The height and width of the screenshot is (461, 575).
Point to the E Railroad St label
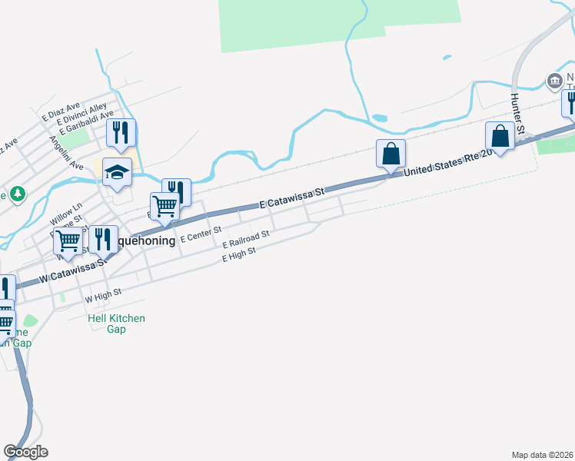(x=245, y=239)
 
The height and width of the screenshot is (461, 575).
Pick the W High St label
(x=103, y=295)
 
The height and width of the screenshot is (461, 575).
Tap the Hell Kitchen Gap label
(x=116, y=323)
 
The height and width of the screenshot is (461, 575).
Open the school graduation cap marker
(x=117, y=172)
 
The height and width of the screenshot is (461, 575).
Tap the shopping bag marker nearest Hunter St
(x=500, y=137)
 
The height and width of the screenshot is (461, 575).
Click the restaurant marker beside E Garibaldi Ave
(x=121, y=132)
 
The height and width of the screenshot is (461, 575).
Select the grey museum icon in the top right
(x=553, y=80)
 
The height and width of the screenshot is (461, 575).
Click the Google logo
(x=25, y=452)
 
